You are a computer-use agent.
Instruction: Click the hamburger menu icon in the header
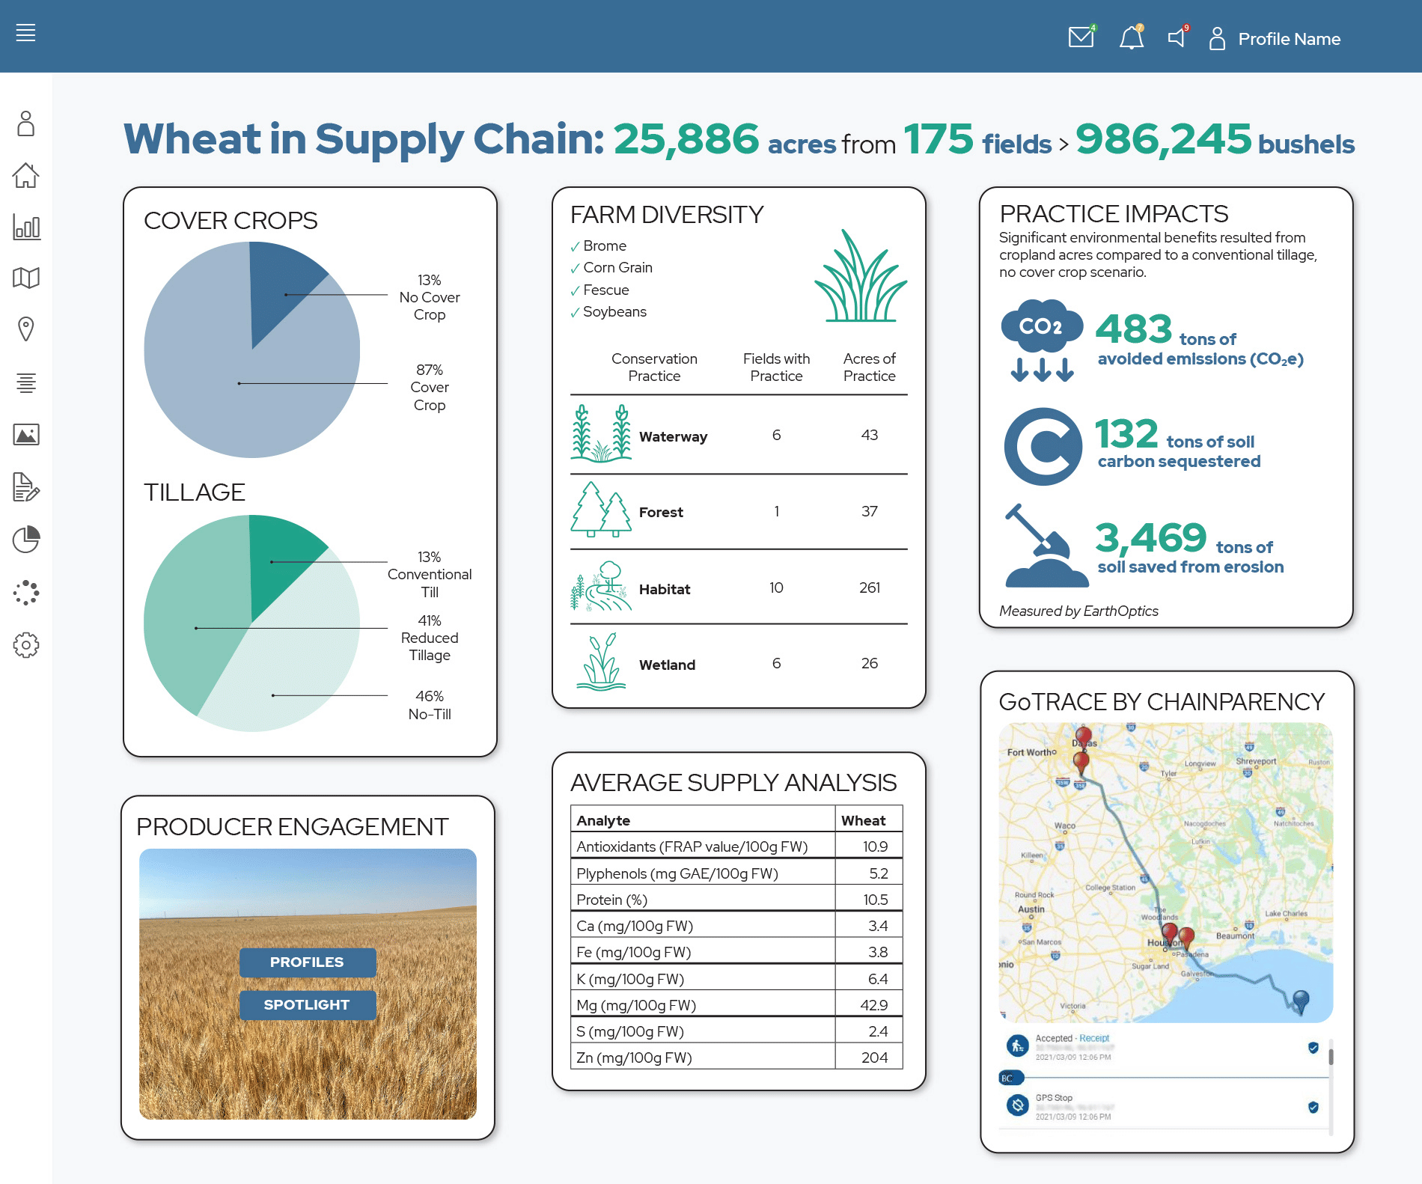click(x=25, y=33)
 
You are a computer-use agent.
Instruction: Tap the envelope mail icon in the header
click(x=1081, y=37)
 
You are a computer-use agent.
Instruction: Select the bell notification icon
click(x=1131, y=37)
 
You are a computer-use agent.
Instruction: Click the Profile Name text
click(x=1289, y=39)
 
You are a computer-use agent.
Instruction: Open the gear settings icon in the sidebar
click(x=26, y=645)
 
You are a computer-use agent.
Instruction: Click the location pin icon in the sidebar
click(x=26, y=329)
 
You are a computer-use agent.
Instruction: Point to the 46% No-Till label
click(x=430, y=705)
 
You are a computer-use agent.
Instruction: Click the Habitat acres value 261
click(x=869, y=588)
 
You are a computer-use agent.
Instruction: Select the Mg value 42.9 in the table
click(x=873, y=1005)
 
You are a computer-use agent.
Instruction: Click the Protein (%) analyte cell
click(x=611, y=900)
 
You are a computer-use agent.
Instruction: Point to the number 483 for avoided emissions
click(x=1133, y=329)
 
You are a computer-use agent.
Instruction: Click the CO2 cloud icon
click(x=1041, y=327)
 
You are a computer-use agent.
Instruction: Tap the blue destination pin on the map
click(x=1301, y=999)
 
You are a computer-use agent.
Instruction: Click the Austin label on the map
click(x=1031, y=909)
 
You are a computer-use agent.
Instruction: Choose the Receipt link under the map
click(x=1094, y=1038)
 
